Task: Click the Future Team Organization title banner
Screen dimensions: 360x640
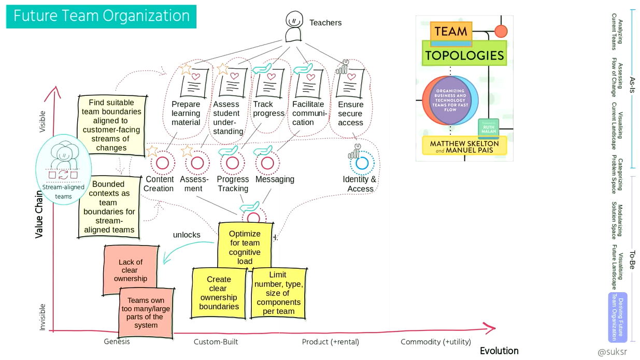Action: (101, 16)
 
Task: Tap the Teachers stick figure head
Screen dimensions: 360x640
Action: (294, 20)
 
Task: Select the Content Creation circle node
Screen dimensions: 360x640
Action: (162, 163)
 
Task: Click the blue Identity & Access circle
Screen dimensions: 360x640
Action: (362, 164)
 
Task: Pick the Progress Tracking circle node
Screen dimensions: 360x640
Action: (232, 163)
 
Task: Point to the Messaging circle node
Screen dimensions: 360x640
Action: (267, 163)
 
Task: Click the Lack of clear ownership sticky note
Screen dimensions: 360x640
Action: (131, 269)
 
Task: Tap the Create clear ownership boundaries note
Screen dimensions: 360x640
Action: (219, 293)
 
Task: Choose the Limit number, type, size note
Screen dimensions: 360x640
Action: (278, 293)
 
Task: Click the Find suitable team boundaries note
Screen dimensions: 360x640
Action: (112, 125)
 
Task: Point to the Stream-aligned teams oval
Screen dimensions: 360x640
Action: (63, 168)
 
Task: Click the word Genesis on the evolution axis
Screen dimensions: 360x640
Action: (117, 341)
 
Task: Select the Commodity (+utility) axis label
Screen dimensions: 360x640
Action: (435, 341)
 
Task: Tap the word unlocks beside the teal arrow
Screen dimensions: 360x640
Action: (187, 235)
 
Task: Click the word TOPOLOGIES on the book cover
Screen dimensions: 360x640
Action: (464, 55)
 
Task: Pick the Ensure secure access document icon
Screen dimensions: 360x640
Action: (350, 83)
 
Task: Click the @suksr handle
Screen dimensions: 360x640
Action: (612, 352)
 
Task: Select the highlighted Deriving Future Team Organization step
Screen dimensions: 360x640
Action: (617, 317)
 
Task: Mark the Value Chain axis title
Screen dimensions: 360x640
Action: (39, 214)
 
